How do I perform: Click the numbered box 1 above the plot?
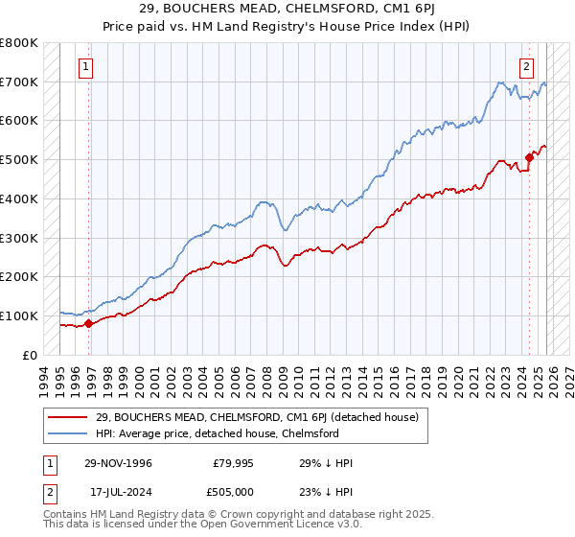click(87, 67)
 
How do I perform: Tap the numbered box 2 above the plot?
click(527, 67)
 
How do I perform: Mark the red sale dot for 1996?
click(89, 323)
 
